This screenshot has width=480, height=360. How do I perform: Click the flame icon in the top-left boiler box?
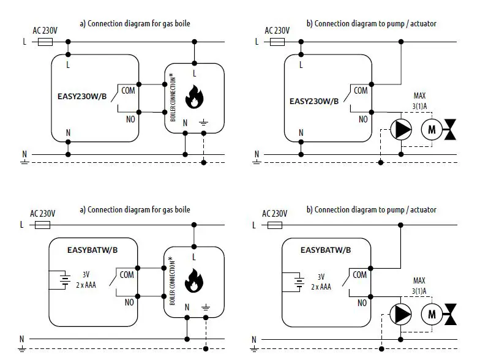[194, 96]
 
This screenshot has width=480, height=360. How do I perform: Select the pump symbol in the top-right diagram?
[400, 129]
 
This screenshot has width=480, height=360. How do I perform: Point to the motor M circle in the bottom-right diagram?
[432, 313]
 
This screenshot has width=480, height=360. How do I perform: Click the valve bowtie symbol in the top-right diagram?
[452, 129]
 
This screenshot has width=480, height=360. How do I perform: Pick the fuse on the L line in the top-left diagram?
[45, 42]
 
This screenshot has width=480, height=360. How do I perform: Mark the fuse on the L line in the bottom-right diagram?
[275, 225]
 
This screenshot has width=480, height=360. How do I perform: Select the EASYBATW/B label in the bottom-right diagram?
[326, 250]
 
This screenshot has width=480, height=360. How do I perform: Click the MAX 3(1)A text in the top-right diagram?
[419, 101]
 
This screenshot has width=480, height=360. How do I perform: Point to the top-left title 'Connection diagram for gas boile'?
[135, 24]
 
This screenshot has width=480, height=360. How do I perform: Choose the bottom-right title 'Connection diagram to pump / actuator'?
[371, 210]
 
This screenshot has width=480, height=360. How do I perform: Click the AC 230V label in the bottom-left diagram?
[43, 214]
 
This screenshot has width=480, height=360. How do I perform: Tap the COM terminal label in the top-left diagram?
[128, 91]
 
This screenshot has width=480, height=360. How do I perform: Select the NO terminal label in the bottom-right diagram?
[362, 302]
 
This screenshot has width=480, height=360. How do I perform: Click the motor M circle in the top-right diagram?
[432, 129]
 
